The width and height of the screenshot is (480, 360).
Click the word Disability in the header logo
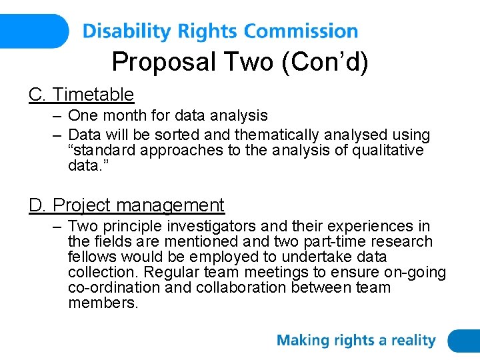(x=122, y=31)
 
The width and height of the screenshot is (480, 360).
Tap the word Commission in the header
(x=301, y=31)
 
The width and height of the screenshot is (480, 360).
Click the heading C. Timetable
(x=81, y=95)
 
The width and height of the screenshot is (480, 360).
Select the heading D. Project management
(x=126, y=205)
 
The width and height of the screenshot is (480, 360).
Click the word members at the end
(x=101, y=303)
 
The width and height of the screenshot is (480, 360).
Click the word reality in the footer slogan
(x=412, y=341)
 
